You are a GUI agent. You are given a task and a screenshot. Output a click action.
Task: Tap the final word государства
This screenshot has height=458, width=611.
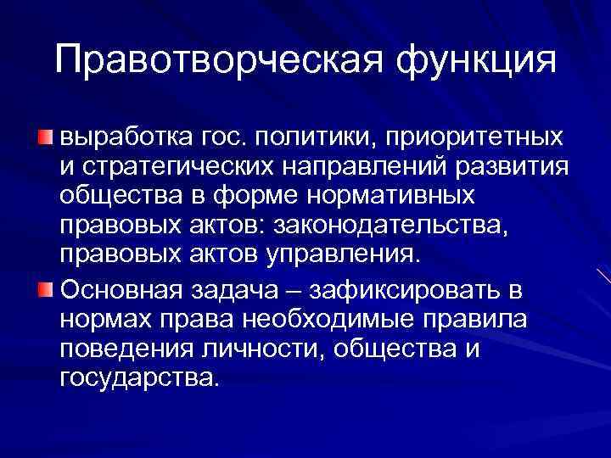click(139, 380)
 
